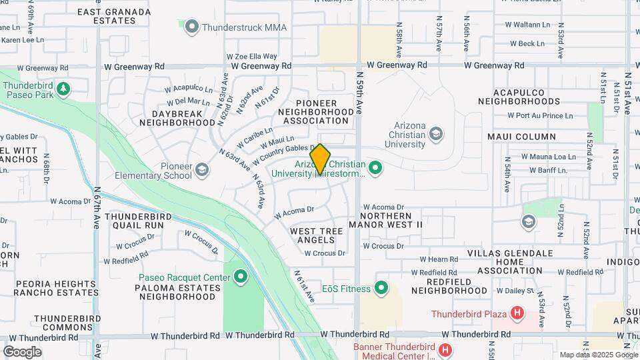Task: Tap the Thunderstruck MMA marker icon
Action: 193,27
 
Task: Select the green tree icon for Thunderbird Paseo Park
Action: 63,89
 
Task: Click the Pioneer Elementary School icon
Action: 202,171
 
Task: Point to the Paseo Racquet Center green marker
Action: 240,275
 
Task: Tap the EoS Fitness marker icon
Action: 381,288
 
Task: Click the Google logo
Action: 22,352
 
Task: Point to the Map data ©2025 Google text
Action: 597,355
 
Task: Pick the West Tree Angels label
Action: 317,235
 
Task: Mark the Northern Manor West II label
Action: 391,221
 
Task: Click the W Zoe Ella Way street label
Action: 251,57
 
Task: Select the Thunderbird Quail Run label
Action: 134,221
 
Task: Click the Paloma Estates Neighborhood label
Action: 179,292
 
